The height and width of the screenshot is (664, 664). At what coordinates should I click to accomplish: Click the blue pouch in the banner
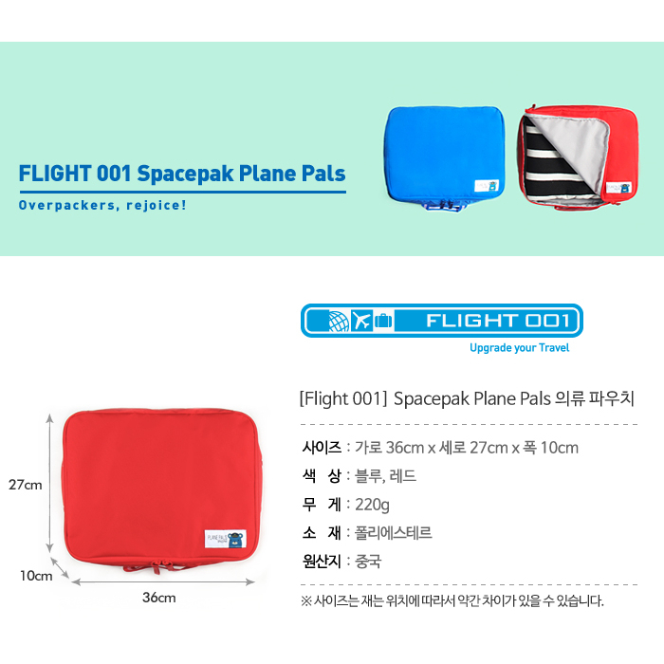444,157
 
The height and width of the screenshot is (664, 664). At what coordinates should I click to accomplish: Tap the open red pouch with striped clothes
578,157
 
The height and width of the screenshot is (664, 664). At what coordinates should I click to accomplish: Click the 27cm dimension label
26,485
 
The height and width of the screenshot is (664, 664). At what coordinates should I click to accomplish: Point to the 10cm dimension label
36,576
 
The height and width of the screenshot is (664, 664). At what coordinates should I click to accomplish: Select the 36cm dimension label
158,598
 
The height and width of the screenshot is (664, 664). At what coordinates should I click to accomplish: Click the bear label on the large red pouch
226,539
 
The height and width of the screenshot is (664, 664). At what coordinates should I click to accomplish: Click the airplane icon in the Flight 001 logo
361,321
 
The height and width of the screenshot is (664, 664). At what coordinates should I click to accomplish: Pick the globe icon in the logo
339,321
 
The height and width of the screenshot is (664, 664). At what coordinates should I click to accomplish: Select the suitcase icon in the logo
383,321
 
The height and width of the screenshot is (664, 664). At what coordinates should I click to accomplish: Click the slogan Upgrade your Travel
519,348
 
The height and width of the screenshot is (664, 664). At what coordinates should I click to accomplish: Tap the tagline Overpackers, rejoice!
102,206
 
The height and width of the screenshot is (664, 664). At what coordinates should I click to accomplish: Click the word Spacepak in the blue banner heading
185,174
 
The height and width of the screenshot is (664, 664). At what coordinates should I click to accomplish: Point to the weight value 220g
372,505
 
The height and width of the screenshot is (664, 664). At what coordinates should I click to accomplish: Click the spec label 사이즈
322,448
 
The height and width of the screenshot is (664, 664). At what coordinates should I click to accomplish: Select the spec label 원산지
322,562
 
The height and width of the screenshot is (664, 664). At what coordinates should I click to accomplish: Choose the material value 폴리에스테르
393,533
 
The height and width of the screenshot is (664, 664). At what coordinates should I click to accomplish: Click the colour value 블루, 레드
385,476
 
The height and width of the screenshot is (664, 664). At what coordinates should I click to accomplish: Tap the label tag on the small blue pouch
487,186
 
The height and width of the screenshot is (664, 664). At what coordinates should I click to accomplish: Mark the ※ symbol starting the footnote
306,600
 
